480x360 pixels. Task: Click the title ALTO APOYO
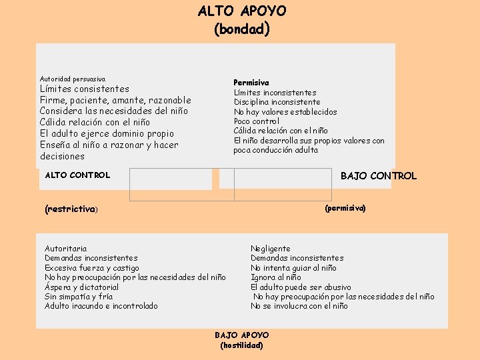pos(241,11)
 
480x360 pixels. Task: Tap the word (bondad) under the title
pos(241,29)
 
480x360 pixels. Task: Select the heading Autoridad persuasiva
pos(73,79)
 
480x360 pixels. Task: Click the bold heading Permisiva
pos(251,83)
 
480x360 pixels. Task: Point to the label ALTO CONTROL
pos(77,175)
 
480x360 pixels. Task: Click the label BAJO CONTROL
pos(378,176)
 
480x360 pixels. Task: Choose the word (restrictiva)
pos(71,209)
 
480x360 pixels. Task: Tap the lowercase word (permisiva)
pos(345,209)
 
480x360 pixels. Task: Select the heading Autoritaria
pos(65,249)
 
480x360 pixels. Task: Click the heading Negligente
pos(270,249)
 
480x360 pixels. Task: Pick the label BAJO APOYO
pos(241,335)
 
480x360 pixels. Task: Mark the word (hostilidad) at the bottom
pos(241,345)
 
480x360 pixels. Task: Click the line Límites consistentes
pos(85,89)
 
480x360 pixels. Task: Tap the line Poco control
pos(256,121)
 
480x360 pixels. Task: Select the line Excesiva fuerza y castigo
pos(92,268)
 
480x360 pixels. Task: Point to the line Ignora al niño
pos(275,277)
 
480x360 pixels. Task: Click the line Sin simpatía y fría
pos(79,297)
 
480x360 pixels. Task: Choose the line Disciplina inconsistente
pos(277,102)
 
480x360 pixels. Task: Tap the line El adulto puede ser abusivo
pos(301,287)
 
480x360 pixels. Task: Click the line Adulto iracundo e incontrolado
pos(101,306)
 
